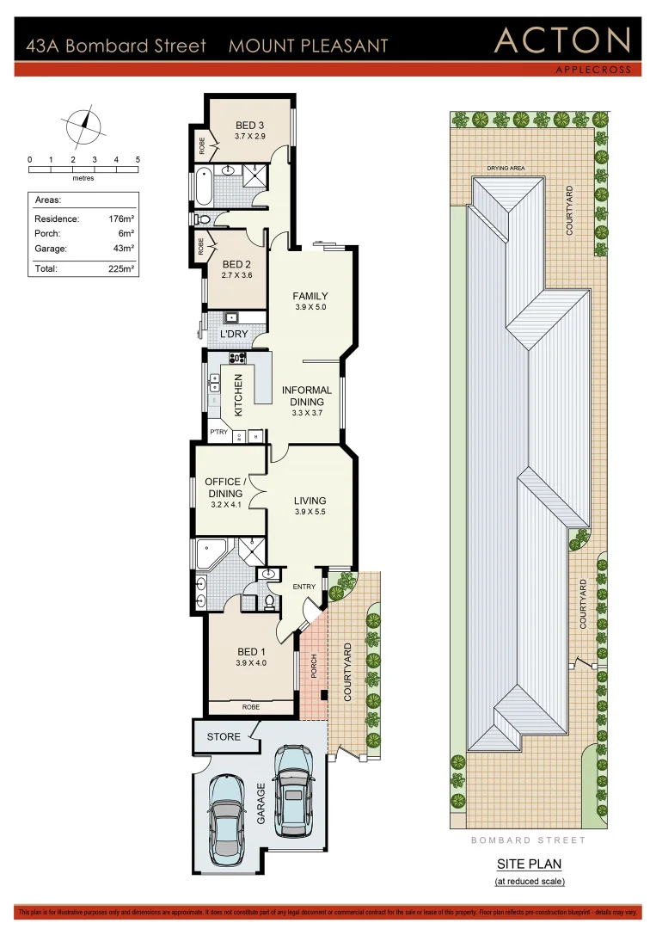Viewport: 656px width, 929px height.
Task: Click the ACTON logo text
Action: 562,41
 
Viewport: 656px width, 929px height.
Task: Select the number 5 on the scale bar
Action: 138,160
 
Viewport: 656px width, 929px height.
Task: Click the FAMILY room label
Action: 310,297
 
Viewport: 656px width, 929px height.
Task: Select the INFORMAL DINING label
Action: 307,396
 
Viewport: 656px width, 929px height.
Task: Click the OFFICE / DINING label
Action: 224,488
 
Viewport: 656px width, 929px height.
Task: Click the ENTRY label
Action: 304,587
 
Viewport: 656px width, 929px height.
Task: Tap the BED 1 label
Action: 251,651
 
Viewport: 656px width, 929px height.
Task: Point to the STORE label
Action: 224,736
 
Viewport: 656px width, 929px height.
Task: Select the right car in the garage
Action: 293,790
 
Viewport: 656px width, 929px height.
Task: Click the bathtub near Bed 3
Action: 204,187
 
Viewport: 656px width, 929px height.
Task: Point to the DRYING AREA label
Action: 505,169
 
